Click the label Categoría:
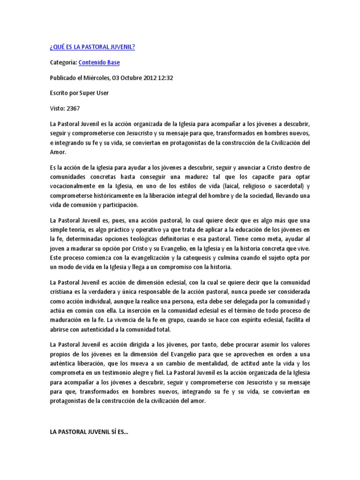point(63,62)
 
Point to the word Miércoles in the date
point(95,78)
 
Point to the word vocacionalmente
point(75,187)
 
